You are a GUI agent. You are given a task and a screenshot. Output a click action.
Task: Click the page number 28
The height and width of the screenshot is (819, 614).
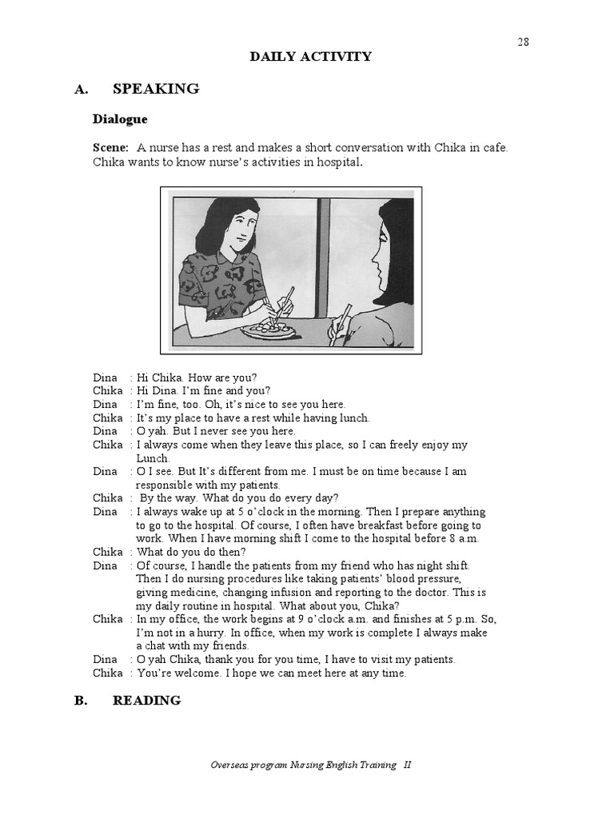click(523, 42)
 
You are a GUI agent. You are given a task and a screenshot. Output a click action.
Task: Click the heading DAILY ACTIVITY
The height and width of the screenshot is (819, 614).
click(311, 56)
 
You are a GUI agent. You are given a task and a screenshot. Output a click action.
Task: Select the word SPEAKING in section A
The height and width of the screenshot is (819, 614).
click(156, 89)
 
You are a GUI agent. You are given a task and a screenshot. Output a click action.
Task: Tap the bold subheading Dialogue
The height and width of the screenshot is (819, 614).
click(120, 119)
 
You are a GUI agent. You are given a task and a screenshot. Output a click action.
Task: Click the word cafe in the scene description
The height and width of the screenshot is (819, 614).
click(494, 148)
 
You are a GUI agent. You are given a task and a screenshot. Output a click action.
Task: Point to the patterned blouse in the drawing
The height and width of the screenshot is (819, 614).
click(220, 285)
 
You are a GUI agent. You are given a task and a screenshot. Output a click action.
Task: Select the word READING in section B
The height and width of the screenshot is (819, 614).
click(146, 701)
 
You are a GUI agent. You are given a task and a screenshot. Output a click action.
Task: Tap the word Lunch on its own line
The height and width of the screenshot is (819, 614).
click(153, 458)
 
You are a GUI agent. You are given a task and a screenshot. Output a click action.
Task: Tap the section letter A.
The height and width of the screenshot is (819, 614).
click(80, 90)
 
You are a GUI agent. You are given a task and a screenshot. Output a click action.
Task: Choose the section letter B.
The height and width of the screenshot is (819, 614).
click(80, 701)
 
